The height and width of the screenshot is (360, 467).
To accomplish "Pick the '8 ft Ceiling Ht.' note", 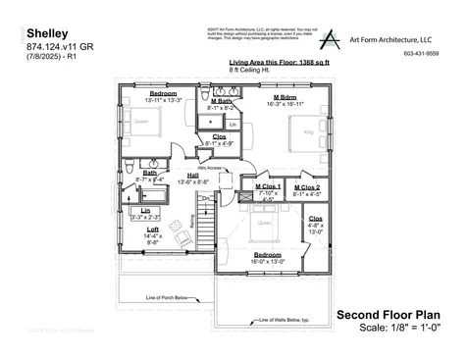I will [x=249, y=70].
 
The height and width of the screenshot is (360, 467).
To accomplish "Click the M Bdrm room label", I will [x=285, y=97].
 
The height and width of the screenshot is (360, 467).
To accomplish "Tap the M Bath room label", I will [x=221, y=100].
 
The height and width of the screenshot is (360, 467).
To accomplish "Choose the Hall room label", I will [x=193, y=176].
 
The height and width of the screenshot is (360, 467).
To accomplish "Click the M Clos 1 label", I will [x=268, y=186].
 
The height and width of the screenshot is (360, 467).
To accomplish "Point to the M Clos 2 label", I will [x=307, y=186].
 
